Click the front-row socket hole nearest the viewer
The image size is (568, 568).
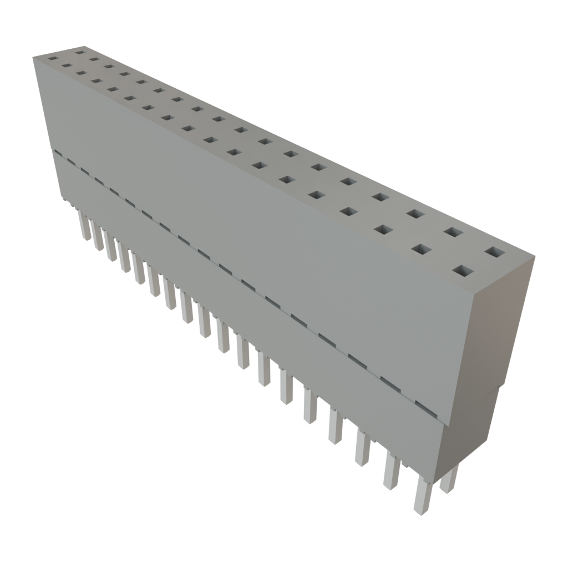465,271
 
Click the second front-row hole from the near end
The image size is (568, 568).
422,250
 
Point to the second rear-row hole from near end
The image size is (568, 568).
453,232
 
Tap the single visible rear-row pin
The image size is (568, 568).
449,479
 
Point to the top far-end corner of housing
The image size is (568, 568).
33,56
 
